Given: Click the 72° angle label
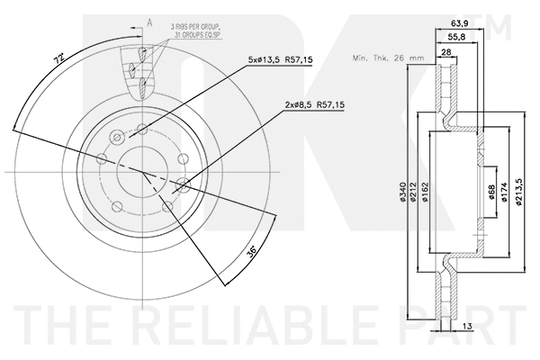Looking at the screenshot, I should (58, 60).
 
